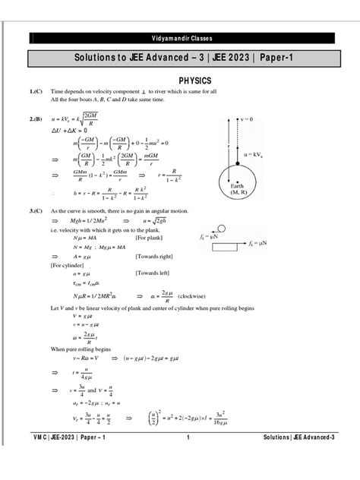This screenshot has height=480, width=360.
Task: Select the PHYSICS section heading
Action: [194, 79]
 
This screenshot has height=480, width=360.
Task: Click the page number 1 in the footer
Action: [187, 459]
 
